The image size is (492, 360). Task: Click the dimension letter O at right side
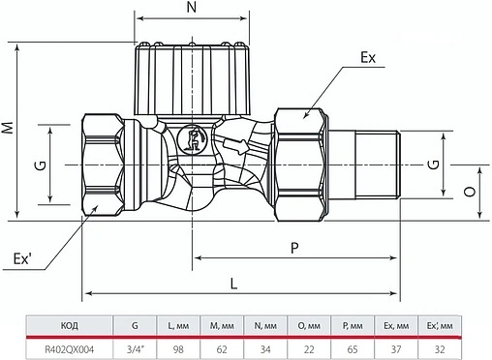click(x=468, y=193)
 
